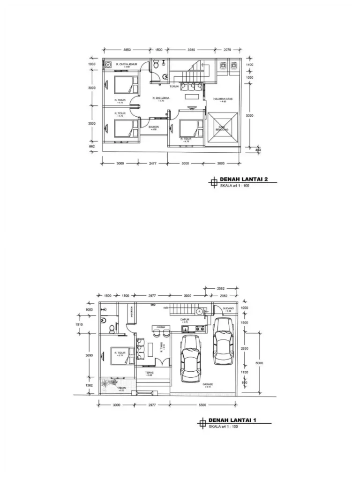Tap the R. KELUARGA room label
click(161, 98)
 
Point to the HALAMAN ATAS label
click(223, 99)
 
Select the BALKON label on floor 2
click(153, 127)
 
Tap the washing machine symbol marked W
click(108, 65)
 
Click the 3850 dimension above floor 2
click(127, 49)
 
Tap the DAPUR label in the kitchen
click(184, 320)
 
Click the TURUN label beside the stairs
click(175, 86)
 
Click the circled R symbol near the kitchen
click(198, 310)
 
